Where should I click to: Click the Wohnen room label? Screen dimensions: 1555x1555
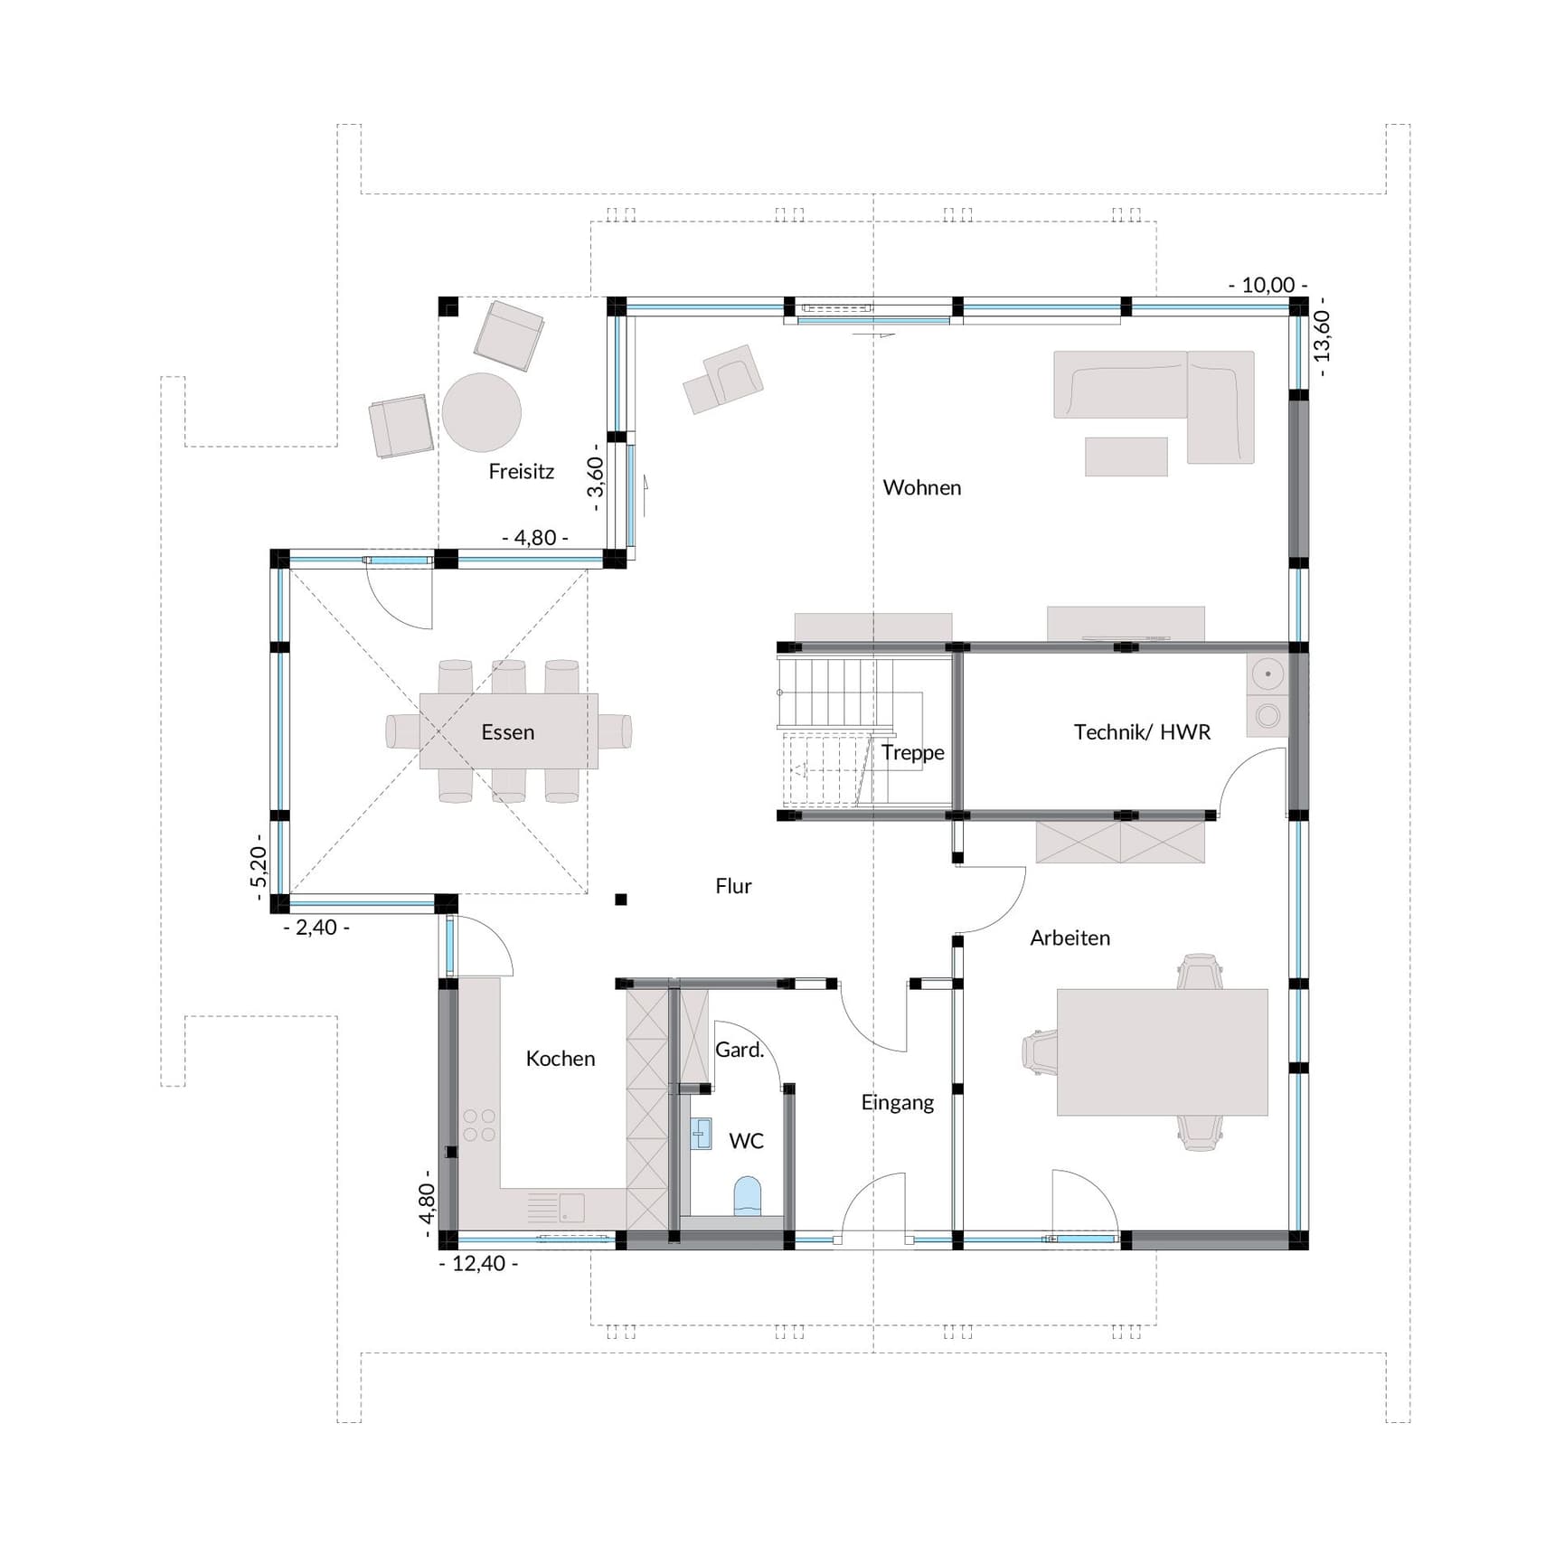coord(921,487)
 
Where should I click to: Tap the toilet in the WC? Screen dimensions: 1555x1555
coord(748,1196)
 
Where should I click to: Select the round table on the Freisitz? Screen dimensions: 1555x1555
coord(481,412)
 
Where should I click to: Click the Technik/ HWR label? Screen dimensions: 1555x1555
coord(1141,731)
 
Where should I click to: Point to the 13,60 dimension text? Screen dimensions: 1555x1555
coord(1323,335)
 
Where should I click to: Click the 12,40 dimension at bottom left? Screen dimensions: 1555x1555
coord(478,1264)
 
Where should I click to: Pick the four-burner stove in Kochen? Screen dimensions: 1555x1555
coord(479,1126)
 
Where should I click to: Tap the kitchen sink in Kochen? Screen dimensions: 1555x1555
coord(570,1207)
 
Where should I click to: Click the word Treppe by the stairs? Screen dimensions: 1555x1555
coord(912,752)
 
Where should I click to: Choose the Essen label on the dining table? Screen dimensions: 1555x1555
coord(507,731)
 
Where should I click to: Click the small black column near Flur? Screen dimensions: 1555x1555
coord(621,900)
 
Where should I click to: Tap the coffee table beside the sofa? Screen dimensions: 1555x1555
coord(1126,457)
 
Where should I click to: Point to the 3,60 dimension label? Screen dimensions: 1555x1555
coord(595,477)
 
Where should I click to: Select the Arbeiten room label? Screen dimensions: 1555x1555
coord(1070,938)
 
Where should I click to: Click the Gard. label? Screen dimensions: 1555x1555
coord(740,1050)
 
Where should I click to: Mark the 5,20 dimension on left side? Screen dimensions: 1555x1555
coord(259,868)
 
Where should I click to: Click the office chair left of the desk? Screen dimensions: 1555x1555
coord(1040,1051)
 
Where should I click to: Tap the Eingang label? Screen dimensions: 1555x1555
coord(897,1102)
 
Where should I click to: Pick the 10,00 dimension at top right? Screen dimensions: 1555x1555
coord(1267,285)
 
